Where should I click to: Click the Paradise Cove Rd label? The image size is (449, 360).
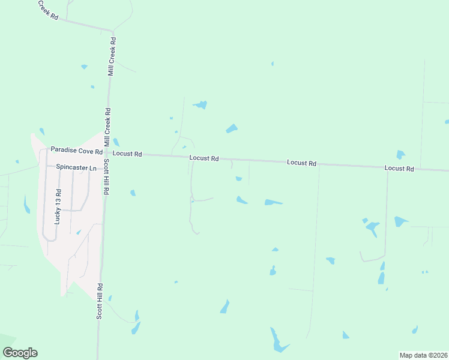tap(76, 149)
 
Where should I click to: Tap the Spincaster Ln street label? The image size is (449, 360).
tap(76, 168)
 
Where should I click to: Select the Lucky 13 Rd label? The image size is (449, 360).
tap(58, 207)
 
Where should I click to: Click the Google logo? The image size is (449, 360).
tap(20, 353)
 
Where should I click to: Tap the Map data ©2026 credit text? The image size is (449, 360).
tap(423, 355)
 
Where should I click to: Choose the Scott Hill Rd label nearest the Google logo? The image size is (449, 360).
tap(100, 301)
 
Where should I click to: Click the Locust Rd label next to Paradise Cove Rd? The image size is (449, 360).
tap(127, 154)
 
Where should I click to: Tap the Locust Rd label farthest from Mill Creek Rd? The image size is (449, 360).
tap(399, 169)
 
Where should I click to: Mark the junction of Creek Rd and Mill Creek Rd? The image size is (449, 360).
tap(111, 30)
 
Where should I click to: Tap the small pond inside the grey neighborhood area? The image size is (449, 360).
tap(79, 232)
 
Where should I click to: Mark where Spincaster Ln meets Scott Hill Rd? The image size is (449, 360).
tap(106, 168)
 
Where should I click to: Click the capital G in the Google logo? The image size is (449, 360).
tap(8, 352)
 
